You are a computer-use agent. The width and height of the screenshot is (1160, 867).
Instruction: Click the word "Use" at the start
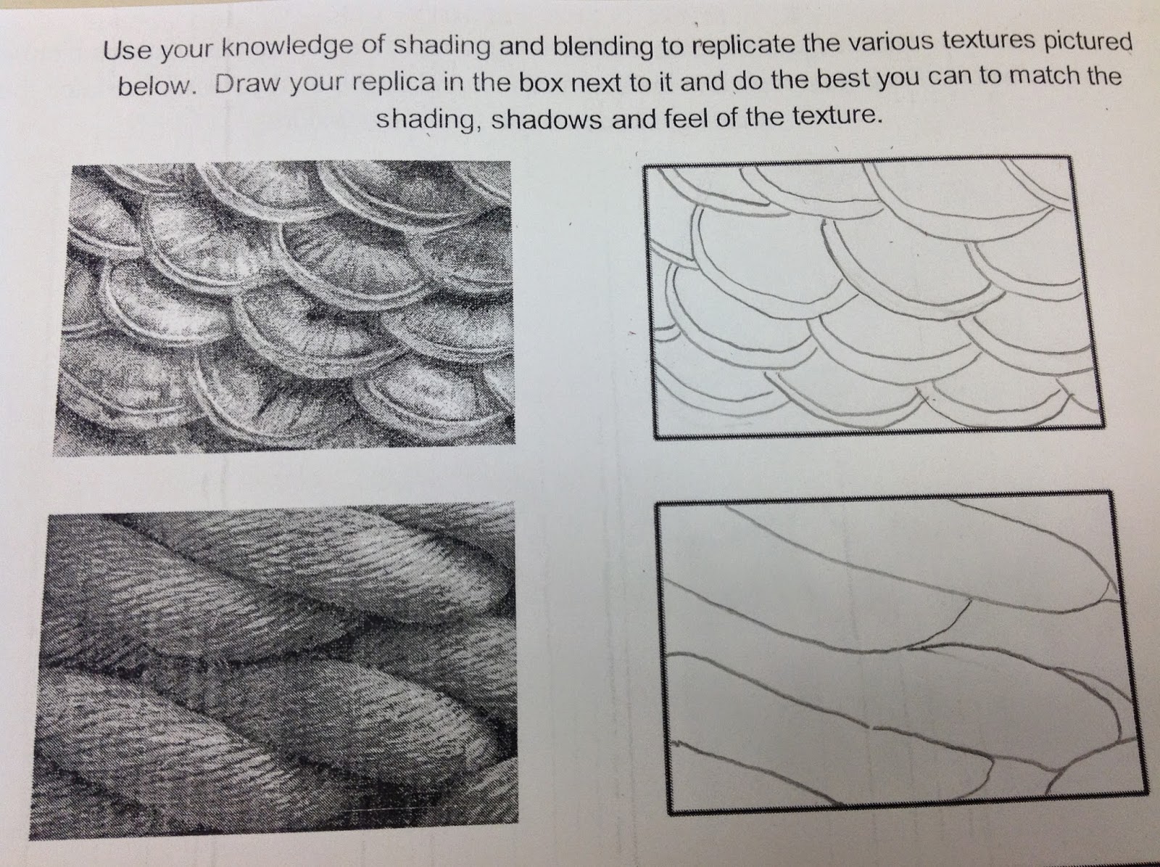127,51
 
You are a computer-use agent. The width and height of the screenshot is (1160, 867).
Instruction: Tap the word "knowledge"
286,49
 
